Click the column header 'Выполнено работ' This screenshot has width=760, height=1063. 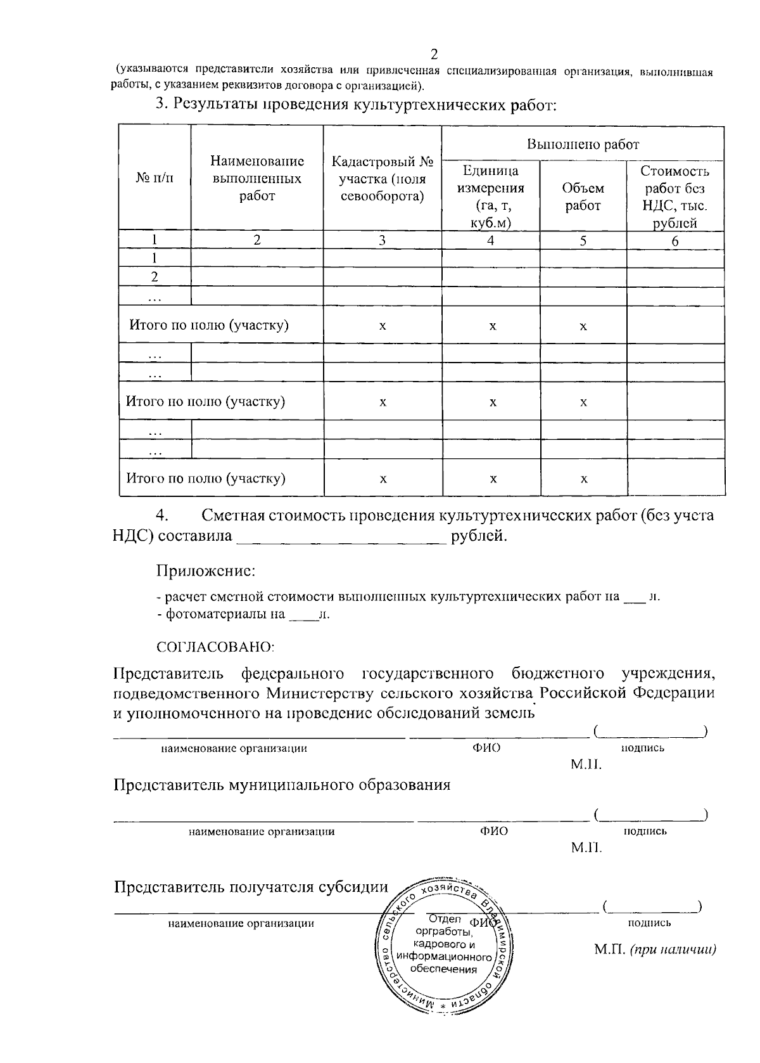(x=583, y=144)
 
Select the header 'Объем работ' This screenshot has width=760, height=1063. (x=583, y=196)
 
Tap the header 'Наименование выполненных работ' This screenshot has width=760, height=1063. (x=256, y=179)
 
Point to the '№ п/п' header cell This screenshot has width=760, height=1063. (x=155, y=178)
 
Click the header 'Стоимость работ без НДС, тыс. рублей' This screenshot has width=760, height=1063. (x=675, y=196)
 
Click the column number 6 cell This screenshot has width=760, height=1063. (x=675, y=241)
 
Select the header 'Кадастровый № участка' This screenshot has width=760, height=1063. (x=382, y=179)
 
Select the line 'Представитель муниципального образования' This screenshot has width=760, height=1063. (x=282, y=785)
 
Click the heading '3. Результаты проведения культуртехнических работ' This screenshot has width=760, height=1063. (x=356, y=104)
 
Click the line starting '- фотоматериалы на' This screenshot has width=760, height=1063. (x=243, y=614)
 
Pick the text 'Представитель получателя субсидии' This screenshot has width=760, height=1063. (x=251, y=887)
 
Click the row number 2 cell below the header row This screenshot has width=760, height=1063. (x=155, y=277)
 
